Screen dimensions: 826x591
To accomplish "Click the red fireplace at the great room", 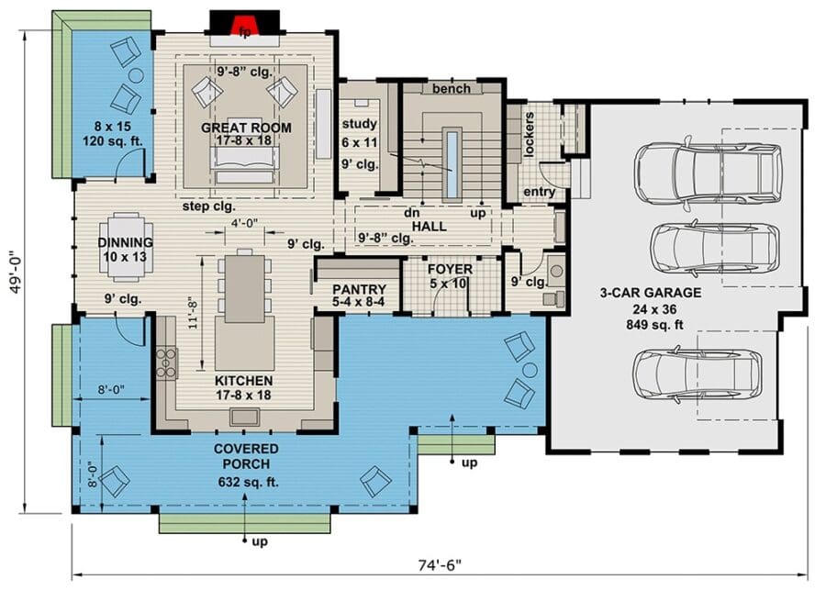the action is click(x=244, y=26).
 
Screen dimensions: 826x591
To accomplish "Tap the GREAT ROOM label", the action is click(x=246, y=128).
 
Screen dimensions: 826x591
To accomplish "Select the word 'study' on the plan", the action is click(x=359, y=124).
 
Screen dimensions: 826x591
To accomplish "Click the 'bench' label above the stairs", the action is click(x=452, y=88).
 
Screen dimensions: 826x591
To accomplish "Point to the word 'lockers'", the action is click(x=529, y=134).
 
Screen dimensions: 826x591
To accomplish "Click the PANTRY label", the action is click(x=359, y=289).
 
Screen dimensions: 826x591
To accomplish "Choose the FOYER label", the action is click(x=450, y=269).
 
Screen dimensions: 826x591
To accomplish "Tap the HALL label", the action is click(x=430, y=226).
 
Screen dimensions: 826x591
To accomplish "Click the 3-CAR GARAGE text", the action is click(x=651, y=293).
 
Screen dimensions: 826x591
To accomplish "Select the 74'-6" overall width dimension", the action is click(x=440, y=565).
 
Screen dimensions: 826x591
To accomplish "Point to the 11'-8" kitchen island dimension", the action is click(x=194, y=313).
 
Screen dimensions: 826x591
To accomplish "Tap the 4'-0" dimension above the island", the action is click(x=244, y=222).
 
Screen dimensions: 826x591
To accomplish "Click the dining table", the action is click(x=126, y=247).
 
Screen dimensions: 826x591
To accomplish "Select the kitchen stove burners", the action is click(x=166, y=362).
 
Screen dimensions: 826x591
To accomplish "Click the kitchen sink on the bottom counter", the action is click(x=244, y=418).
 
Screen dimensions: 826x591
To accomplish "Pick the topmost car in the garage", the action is click(x=708, y=173).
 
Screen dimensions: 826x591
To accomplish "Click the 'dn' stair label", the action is click(x=411, y=213).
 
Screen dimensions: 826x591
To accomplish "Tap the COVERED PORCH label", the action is click(x=246, y=456).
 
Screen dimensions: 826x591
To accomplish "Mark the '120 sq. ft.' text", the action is click(x=113, y=141).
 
